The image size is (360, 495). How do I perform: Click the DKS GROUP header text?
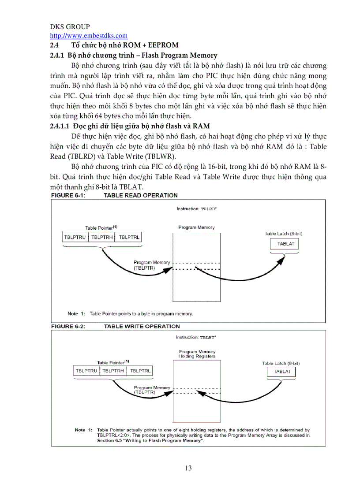coord(70,27)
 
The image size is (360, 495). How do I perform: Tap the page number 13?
coord(188,468)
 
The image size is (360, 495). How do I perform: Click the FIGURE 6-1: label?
coord(68,195)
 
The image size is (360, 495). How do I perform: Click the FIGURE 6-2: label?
coord(68,326)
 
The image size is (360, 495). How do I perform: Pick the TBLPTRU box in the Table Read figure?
coord(75,237)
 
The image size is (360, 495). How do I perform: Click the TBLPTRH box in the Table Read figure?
coord(102,237)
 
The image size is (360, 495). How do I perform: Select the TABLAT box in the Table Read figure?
coord(286,244)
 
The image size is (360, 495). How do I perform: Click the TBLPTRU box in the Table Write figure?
coord(86,371)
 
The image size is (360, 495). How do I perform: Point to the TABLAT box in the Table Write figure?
coord(282,372)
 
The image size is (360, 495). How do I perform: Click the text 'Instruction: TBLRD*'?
coord(196,209)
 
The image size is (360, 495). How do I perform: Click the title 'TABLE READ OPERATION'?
coord(141,195)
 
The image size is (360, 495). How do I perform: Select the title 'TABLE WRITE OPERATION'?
coord(142,326)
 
